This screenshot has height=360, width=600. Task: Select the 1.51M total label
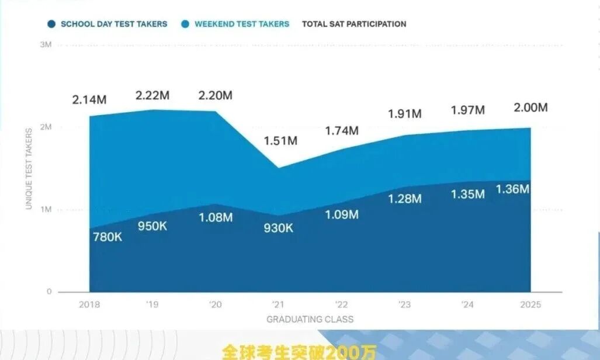[x=280, y=141]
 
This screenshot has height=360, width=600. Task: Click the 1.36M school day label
[x=512, y=189]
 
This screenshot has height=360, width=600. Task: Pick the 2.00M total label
[x=530, y=108]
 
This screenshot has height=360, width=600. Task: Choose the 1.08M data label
[x=216, y=217]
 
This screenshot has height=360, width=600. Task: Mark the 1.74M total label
[x=341, y=131]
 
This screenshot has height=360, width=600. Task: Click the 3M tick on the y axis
[x=46, y=45]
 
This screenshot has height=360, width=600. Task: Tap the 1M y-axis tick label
[x=46, y=209]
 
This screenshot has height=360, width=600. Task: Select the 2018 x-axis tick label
[x=89, y=304]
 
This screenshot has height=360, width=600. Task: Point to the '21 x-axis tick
[x=279, y=304]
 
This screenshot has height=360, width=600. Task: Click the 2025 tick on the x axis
[x=530, y=304]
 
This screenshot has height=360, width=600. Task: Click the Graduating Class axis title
[x=310, y=319]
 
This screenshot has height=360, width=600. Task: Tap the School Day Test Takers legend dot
[x=51, y=24]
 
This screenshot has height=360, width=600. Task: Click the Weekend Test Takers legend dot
[x=185, y=24]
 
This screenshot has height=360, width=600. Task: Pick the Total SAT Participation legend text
[x=353, y=24]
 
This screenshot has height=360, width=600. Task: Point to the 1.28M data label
[x=404, y=199]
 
